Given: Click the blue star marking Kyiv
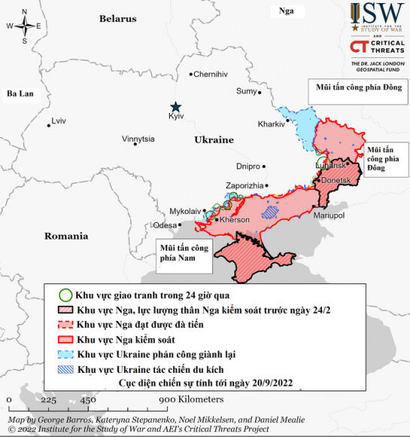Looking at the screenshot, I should click(x=175, y=107).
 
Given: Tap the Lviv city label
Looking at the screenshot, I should click(x=59, y=121).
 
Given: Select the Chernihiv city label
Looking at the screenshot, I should click(x=210, y=74).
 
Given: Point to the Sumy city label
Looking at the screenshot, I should click(x=246, y=91).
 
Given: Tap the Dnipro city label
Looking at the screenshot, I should click(x=248, y=166).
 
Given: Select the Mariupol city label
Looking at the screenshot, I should click(x=328, y=215).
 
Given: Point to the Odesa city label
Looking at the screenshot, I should click(x=164, y=225).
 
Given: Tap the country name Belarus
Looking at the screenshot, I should click(x=118, y=18).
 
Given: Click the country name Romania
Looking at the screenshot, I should click(x=66, y=236).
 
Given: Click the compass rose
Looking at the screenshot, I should click(x=25, y=25).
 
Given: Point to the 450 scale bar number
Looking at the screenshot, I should click(x=87, y=400).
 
